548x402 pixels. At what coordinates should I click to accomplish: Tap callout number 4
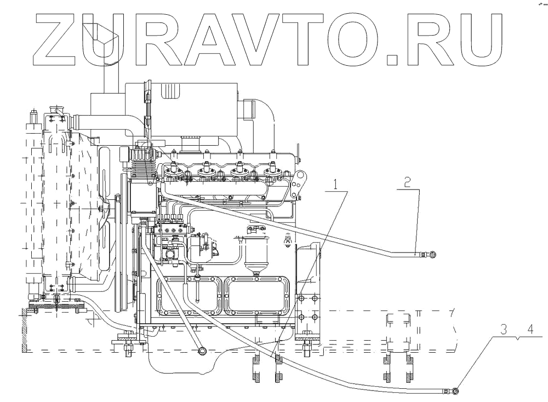pos(529,330)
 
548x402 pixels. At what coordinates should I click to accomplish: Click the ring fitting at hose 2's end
pos(433,254)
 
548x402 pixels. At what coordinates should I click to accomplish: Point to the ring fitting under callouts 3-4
pos(455,391)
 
